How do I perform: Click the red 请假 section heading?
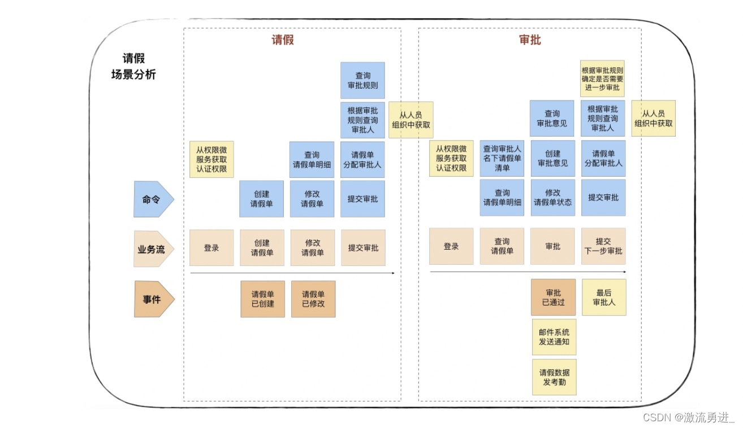[x=283, y=40]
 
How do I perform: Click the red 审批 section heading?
[x=530, y=40]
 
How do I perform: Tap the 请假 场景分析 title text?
[x=134, y=67]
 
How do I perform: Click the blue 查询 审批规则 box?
[x=362, y=81]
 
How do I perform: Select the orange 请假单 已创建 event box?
[x=263, y=299]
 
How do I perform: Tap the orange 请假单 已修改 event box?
[x=313, y=299]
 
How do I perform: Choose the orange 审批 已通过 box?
[x=554, y=297]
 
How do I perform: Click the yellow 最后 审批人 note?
[x=604, y=297]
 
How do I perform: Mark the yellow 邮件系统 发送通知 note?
[x=554, y=337]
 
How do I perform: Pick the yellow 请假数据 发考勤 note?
[x=554, y=377]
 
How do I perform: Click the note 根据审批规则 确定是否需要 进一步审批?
[x=602, y=78]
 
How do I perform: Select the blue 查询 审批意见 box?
[x=552, y=118]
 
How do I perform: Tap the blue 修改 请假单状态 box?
[x=552, y=198]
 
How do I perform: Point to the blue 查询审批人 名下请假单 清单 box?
[x=502, y=158]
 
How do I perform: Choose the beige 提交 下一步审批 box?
[x=603, y=246]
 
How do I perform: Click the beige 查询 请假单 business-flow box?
[x=502, y=246]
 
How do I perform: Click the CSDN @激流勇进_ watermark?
[x=688, y=417]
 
